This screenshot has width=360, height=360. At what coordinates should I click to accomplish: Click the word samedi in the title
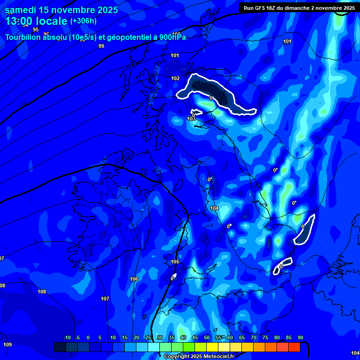coord(22,10)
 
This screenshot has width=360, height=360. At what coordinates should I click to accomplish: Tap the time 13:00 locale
coord(36,21)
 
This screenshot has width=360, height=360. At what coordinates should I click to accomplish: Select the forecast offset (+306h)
coord(83,21)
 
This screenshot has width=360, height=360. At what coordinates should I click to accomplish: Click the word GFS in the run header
coord(263,7)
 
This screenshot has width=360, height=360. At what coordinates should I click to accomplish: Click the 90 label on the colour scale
coord(300,338)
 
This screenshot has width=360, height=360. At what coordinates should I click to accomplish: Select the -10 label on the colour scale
coord(67,338)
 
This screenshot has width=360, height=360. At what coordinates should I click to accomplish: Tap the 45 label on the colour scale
coord(195,338)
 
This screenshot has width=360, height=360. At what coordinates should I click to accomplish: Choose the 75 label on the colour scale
coord(265,338)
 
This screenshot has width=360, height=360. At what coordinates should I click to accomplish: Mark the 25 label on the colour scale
coord(148,338)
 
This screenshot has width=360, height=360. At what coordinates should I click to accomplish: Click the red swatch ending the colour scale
coord(294,347)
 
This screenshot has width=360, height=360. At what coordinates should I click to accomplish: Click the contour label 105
coord(175,262)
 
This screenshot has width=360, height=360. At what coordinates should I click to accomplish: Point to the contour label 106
coord(134,279)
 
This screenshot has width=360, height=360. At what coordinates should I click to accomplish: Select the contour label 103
coord(191,119)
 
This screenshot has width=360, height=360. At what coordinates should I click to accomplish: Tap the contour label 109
coord(7,345)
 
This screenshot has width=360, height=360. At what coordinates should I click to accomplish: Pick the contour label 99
coord(101,46)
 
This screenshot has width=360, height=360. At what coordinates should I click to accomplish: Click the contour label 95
coord(36,43)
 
